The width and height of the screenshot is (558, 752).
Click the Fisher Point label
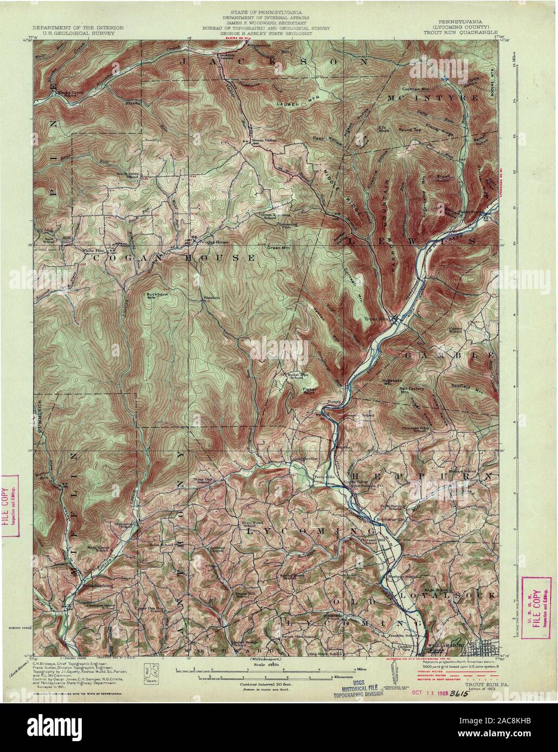310,391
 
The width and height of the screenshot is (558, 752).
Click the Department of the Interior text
77,27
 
